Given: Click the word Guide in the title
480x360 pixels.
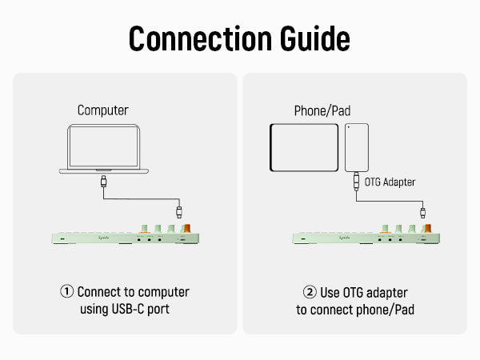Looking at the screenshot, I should click(311, 38).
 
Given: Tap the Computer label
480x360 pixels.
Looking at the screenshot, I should click(102, 110).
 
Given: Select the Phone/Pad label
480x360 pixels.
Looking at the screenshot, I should click(322, 110).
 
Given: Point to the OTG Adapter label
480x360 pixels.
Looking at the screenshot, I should click(390, 182).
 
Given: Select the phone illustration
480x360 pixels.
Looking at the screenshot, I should click(356, 146).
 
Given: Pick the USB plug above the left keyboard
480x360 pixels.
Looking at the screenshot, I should click(179, 212).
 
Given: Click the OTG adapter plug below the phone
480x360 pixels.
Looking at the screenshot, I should click(356, 182).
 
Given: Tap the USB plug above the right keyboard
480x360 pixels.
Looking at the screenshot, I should click(422, 212).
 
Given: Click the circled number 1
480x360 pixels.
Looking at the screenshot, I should click(67, 293).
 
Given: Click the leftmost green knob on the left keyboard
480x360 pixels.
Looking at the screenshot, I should click(145, 229).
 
